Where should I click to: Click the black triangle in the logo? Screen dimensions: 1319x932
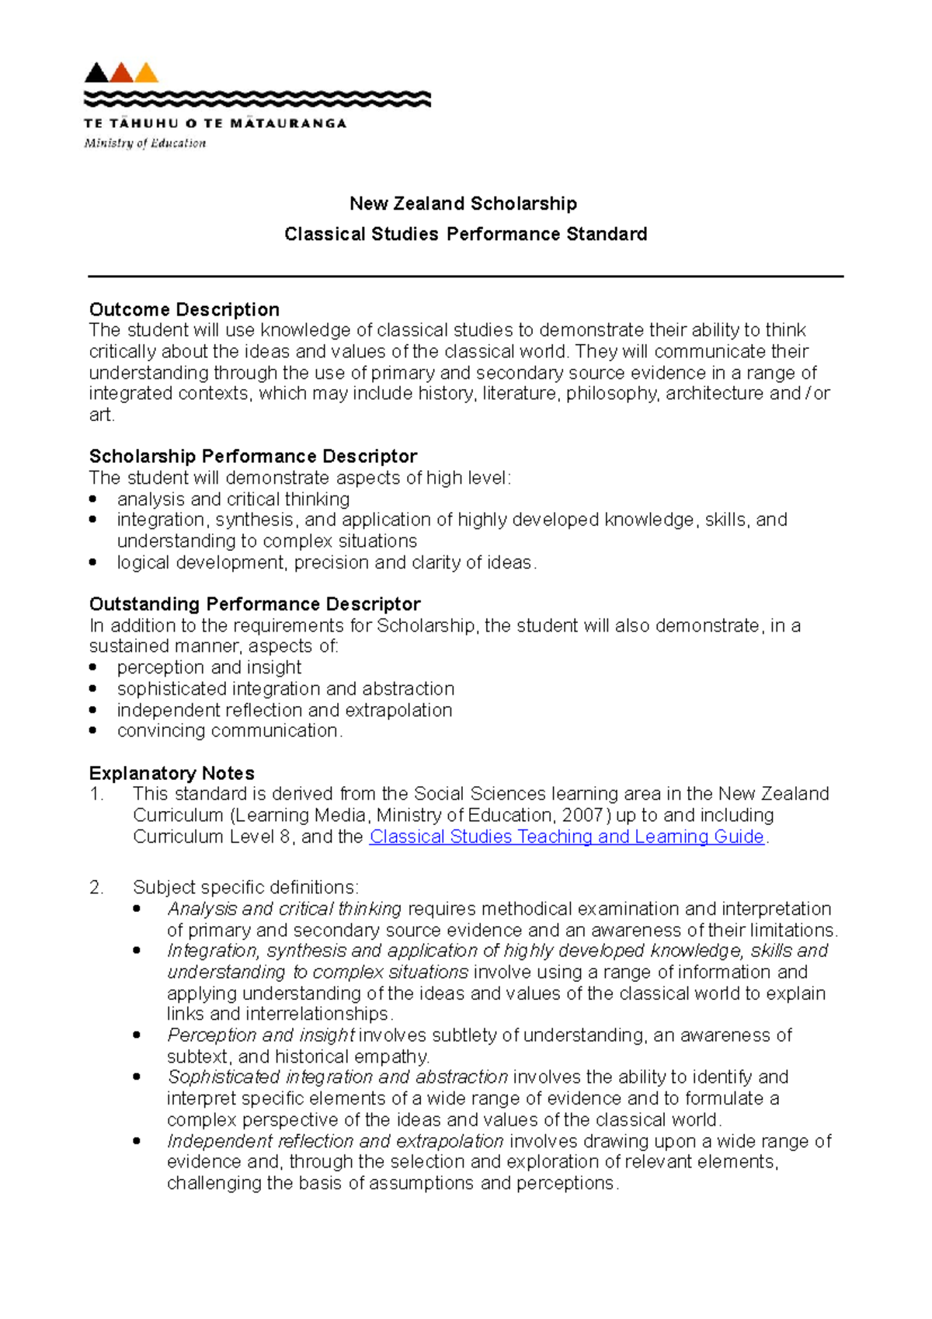[96, 74]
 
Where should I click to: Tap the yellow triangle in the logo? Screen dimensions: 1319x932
[147, 74]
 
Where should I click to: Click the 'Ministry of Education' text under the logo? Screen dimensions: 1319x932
[145, 143]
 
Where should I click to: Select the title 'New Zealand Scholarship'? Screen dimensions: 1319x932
[463, 204]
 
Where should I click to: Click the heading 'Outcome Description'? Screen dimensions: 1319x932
[184, 309]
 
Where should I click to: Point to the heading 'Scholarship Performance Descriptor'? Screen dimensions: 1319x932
[253, 456]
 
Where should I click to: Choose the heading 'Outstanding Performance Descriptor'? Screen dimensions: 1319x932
[255, 604]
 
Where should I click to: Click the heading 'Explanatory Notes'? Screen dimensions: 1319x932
[172, 773]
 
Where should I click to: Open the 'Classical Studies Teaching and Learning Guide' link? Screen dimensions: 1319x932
[567, 837]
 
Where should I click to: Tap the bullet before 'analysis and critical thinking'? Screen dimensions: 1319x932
[93, 499]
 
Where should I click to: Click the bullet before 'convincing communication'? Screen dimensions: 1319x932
[93, 730]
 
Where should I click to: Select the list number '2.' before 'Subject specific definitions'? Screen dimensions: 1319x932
[96, 887]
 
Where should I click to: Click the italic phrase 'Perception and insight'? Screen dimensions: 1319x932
[261, 1035]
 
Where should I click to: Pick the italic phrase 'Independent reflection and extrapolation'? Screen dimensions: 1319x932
[336, 1141]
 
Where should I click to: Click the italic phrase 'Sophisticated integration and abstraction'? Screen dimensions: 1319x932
[338, 1077]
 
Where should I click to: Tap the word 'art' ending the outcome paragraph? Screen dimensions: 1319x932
[100, 415]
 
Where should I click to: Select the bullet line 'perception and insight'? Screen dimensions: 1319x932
[209, 667]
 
